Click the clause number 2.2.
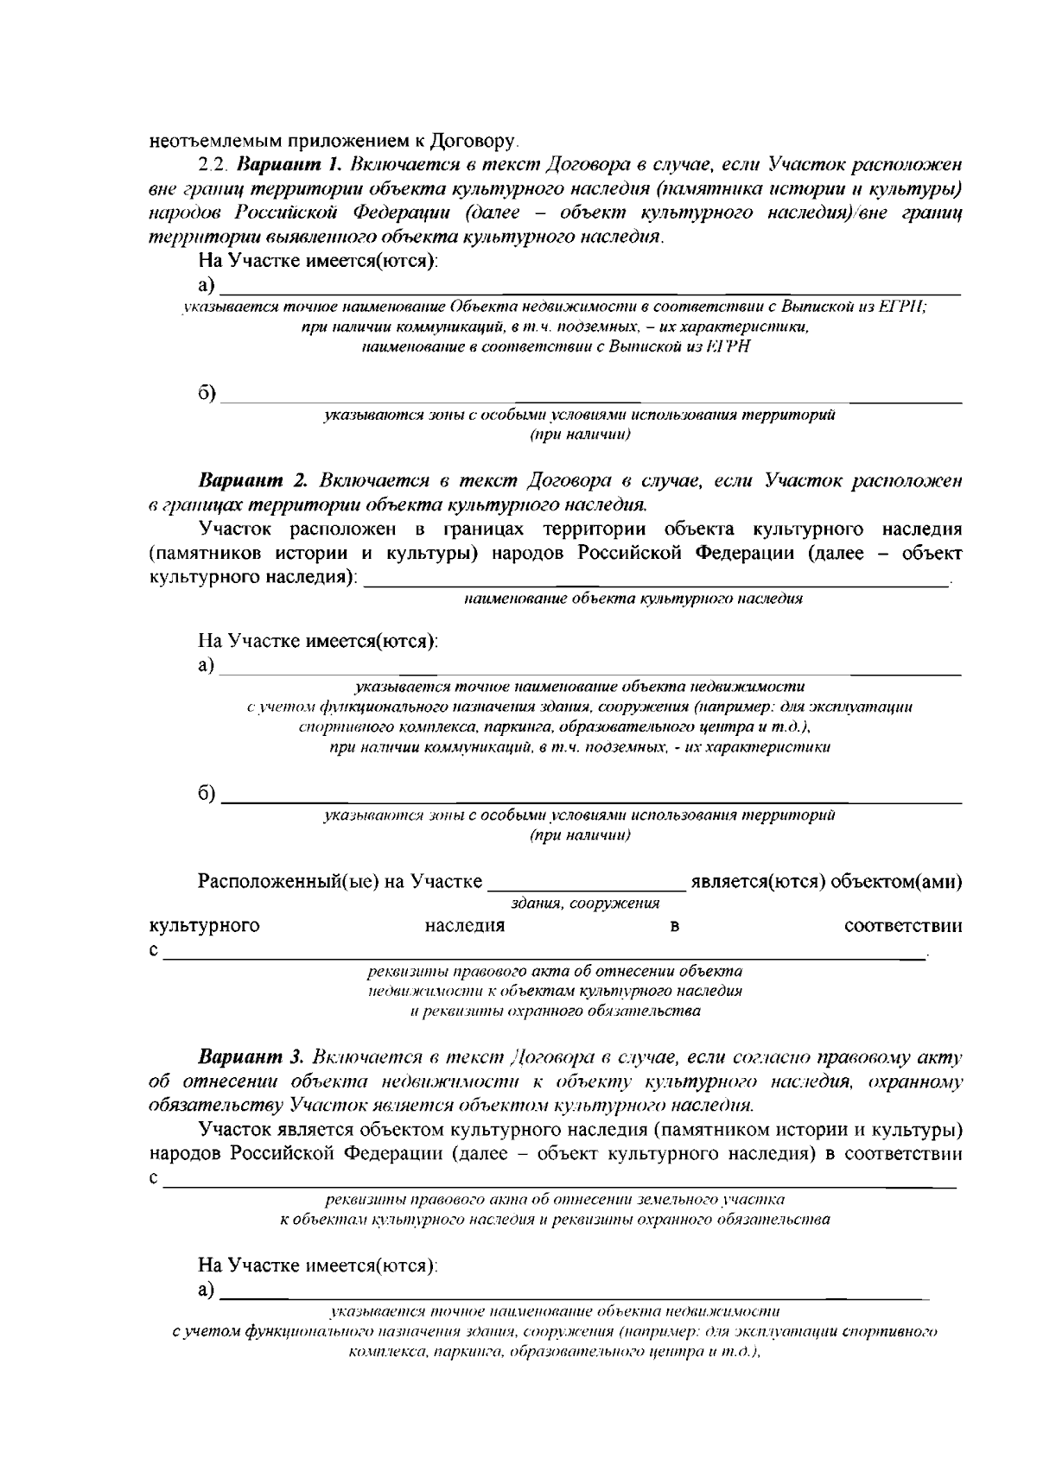click(x=213, y=164)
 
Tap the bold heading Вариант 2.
click(x=254, y=480)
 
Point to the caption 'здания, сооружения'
click(x=585, y=904)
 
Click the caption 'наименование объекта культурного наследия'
click(x=633, y=598)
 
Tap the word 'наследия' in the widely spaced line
click(x=465, y=926)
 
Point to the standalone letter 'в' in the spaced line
click(x=674, y=926)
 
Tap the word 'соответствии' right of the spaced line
click(x=903, y=926)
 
